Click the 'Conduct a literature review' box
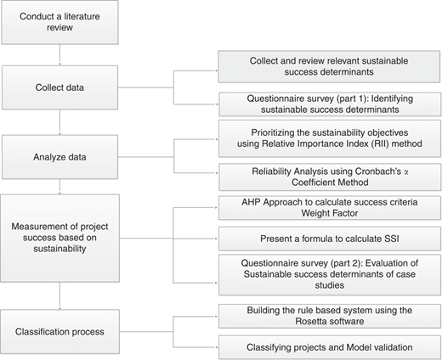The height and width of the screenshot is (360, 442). (59, 22)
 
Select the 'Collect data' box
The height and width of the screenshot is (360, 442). (59, 87)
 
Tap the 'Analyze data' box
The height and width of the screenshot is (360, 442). (59, 157)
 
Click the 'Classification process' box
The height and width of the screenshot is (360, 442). (59, 331)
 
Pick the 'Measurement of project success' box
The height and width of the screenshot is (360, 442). (59, 238)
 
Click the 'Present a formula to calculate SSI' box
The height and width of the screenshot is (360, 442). (330, 239)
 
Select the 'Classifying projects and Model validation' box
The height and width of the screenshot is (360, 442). (330, 347)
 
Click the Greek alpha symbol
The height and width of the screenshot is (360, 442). (406, 172)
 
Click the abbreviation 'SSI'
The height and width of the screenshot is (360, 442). (392, 239)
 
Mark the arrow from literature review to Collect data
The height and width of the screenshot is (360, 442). (59, 55)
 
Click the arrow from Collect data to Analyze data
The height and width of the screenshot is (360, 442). (59, 122)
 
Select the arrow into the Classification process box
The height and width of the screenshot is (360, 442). (59, 295)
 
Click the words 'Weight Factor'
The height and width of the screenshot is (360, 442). (330, 213)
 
